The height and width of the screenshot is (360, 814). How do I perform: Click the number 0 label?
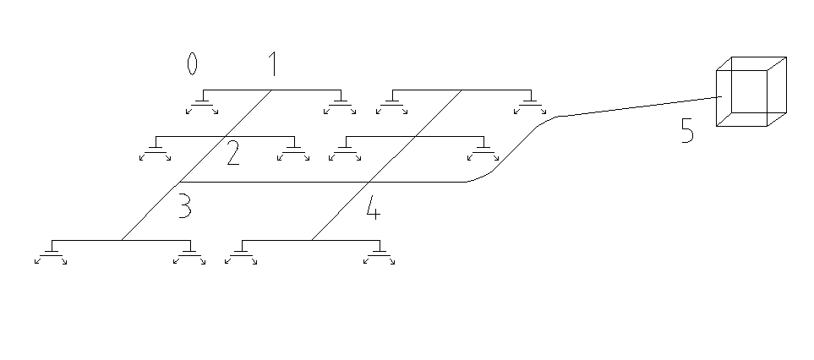tap(192, 63)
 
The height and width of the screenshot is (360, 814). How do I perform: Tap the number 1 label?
tap(272, 63)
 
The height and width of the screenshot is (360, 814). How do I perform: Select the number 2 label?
tap(232, 153)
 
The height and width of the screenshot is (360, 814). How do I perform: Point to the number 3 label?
tap(184, 207)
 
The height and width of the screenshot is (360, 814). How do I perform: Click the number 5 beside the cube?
tap(688, 131)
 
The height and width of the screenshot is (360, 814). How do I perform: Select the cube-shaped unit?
tap(751, 92)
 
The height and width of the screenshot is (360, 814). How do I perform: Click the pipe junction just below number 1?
tap(270, 90)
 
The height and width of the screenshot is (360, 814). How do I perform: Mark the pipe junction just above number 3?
tap(178, 182)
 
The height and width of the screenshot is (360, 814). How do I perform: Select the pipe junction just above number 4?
tap(369, 182)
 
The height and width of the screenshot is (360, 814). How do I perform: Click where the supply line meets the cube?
tap(721, 97)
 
